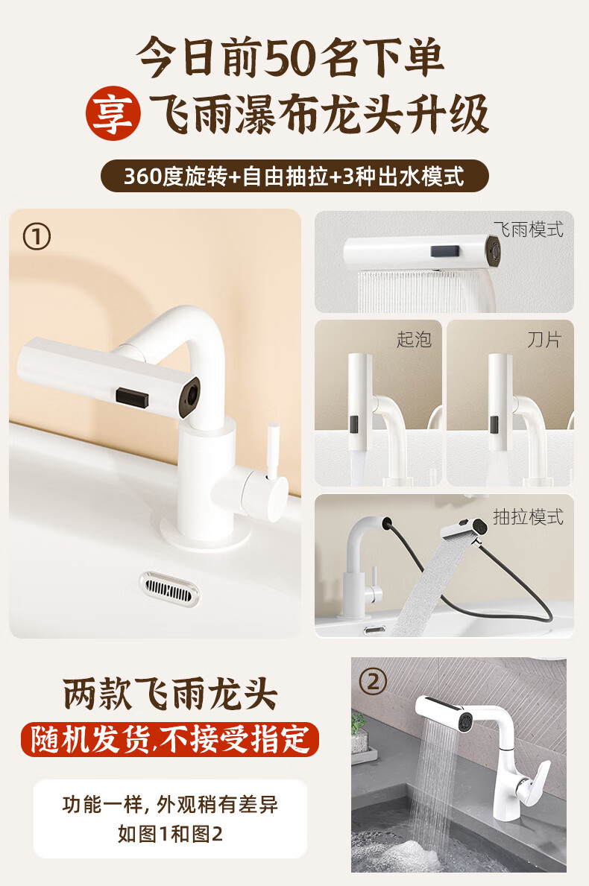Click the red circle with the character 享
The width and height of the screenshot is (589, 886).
pos(113,113)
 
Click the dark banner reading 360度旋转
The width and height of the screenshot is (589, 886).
pos(294,176)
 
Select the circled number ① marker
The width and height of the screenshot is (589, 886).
pos(37,237)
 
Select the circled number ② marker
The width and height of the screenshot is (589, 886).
pos(373,681)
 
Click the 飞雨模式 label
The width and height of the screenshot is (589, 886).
pos(529,230)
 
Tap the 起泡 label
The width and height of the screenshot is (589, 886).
pos(414,339)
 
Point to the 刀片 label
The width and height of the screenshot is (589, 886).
pos(544,340)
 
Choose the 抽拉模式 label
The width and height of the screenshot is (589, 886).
pos(529,516)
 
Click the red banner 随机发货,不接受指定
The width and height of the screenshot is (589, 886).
pos(170,740)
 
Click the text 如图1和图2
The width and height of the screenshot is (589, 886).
pos(170,833)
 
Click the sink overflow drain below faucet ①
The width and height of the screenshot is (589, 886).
pos(169,589)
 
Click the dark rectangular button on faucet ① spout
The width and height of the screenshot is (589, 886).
pos(132,397)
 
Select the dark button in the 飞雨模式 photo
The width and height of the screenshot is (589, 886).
pos(445,251)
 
